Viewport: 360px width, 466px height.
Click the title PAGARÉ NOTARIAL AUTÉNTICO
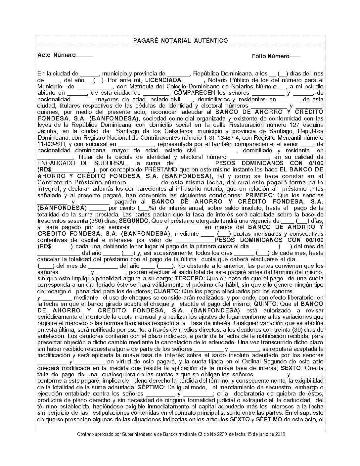(x=180, y=41)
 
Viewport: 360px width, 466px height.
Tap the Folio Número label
(x=270, y=56)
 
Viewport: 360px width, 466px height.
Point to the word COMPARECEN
(x=195, y=93)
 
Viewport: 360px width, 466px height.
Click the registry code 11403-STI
(x=51, y=144)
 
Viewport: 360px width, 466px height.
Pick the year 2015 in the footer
(x=280, y=434)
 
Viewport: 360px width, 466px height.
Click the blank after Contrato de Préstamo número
(x=142, y=183)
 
